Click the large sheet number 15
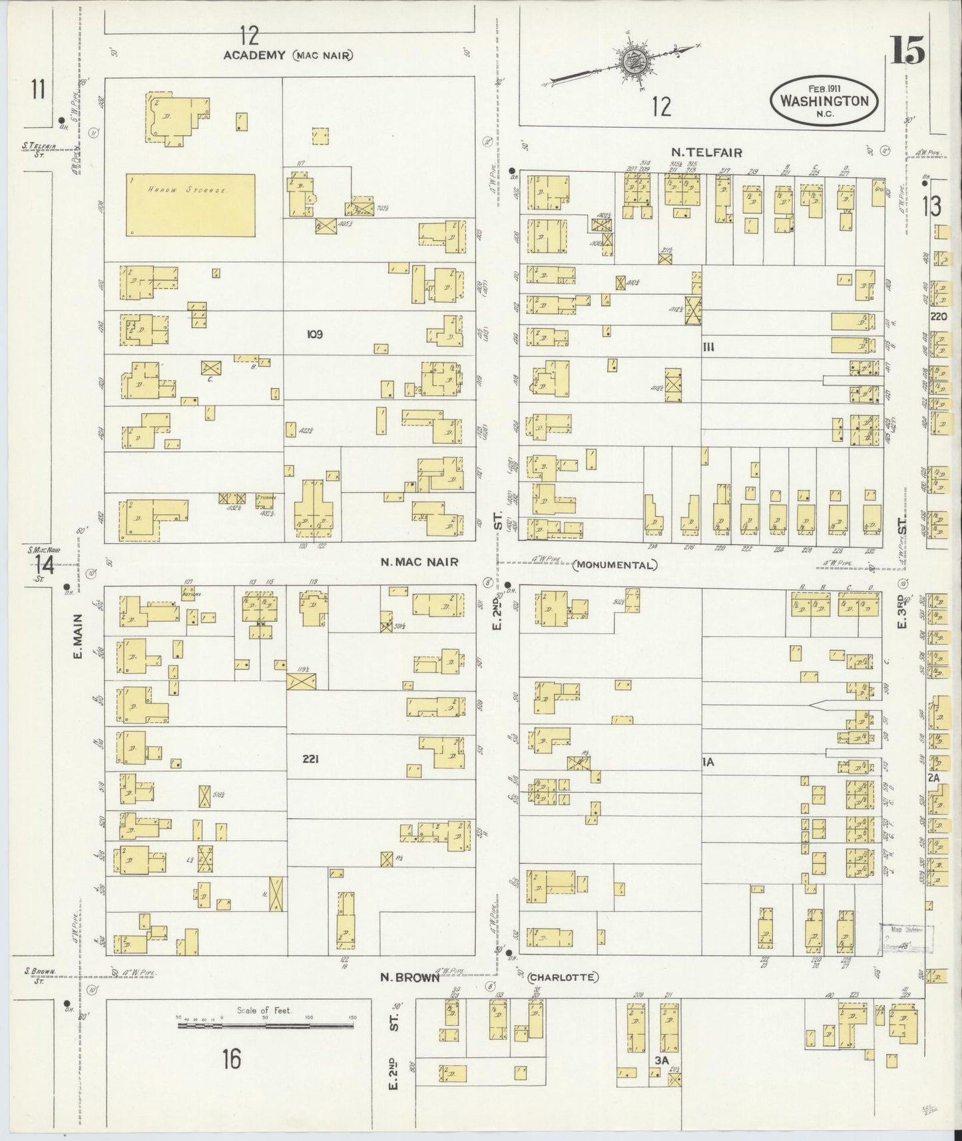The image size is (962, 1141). [x=908, y=51]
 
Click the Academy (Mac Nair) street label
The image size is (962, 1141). [x=288, y=55]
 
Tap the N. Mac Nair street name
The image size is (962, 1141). [x=419, y=562]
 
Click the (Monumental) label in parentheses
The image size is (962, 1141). [x=614, y=565]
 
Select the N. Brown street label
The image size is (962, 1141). [x=409, y=977]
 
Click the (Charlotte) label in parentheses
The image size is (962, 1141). [x=563, y=977]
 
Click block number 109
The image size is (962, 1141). [x=314, y=334]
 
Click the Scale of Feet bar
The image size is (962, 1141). [x=267, y=1026]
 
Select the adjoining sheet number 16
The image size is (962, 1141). [x=231, y=1058]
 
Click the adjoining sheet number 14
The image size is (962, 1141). [x=45, y=565]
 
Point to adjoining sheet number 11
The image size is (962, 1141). [x=38, y=89]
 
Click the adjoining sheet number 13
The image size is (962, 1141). [x=931, y=207]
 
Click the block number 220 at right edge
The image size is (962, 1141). [x=939, y=317]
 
